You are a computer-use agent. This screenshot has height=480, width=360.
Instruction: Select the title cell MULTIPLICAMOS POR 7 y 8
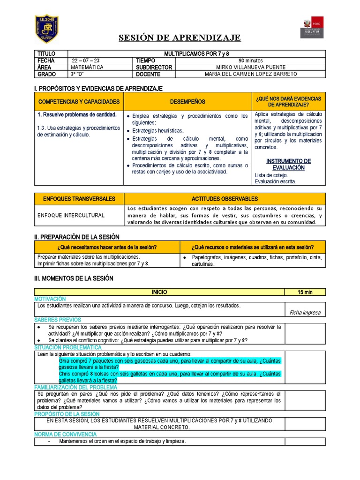point(196,54)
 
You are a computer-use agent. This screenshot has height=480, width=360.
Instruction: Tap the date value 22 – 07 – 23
point(86,60)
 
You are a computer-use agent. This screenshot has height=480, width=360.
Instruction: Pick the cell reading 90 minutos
point(251,60)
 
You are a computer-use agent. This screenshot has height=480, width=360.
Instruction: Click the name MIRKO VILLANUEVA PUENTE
point(251,67)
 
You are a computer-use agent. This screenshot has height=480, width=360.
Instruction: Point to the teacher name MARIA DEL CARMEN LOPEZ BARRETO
point(251,74)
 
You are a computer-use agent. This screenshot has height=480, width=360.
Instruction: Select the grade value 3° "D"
point(80,74)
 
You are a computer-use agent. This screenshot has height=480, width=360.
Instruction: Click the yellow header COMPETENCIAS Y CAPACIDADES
point(79,102)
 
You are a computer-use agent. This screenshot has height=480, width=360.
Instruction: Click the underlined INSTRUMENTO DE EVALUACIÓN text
point(288,164)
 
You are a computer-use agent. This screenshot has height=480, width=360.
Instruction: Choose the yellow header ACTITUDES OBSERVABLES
point(225,199)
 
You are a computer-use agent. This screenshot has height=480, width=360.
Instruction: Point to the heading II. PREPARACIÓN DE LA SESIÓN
point(77,237)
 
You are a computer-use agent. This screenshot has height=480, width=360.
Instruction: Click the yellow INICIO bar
point(159,292)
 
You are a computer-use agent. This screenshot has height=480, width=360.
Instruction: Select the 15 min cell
point(305,292)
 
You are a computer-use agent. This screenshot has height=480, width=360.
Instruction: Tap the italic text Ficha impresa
point(305,312)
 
